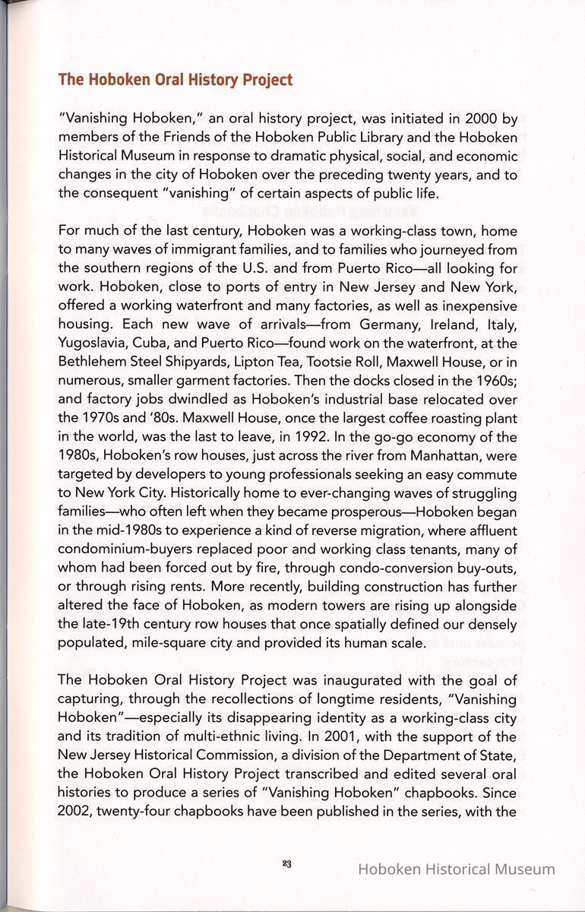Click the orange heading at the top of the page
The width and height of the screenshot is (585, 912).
coord(175,80)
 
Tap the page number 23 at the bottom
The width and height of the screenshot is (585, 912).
coord(286,863)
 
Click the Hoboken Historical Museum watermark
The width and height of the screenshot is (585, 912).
coord(456,869)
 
